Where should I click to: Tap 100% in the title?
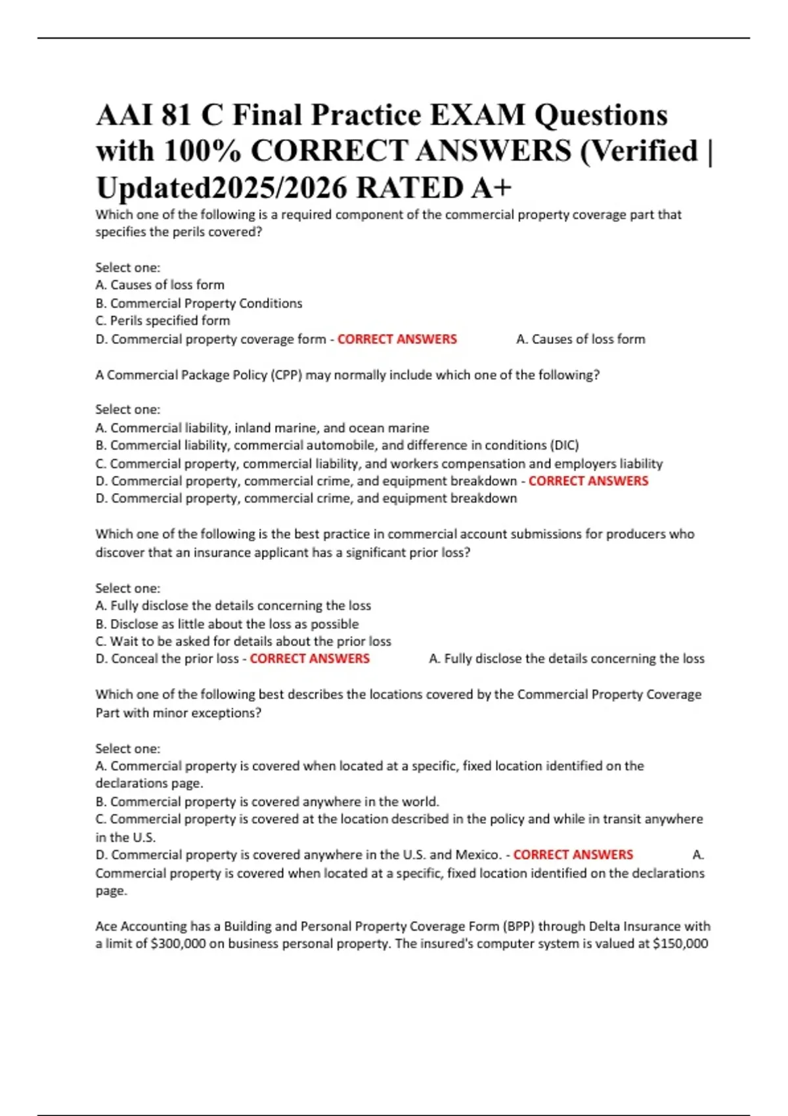pyautogui.click(x=201, y=152)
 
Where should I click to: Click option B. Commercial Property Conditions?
pyautogui.click(x=199, y=303)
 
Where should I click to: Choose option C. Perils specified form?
pyautogui.click(x=163, y=321)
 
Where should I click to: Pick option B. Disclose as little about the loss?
pyautogui.click(x=227, y=624)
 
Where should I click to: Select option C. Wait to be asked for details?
pyautogui.click(x=243, y=641)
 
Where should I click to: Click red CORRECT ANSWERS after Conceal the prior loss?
pyautogui.click(x=310, y=658)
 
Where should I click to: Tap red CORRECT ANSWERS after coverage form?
pyautogui.click(x=397, y=339)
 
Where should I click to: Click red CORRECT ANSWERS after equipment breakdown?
pyautogui.click(x=588, y=481)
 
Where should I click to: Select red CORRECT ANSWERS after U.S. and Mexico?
pyautogui.click(x=573, y=855)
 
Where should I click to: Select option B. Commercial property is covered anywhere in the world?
pyautogui.click(x=267, y=802)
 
